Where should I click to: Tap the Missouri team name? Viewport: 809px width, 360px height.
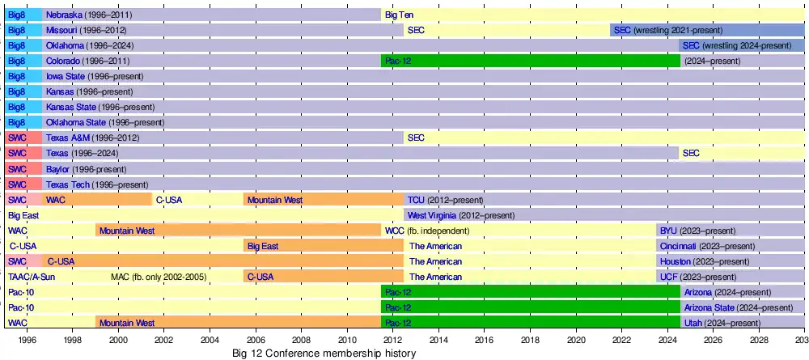[62, 30]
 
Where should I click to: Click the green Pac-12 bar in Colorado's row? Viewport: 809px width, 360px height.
[530, 61]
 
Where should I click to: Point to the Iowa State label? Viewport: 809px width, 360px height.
[65, 76]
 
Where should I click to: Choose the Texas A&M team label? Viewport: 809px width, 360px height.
[67, 138]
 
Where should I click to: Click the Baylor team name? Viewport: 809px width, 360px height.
[59, 169]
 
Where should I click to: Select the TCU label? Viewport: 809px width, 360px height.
[416, 200]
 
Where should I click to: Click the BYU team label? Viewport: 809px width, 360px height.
[668, 231]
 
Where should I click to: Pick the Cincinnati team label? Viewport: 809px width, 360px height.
[678, 246]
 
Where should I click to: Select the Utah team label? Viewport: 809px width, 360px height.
[693, 323]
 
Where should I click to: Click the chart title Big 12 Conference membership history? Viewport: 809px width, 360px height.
[324, 354]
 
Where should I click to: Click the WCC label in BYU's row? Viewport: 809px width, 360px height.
[394, 231]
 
